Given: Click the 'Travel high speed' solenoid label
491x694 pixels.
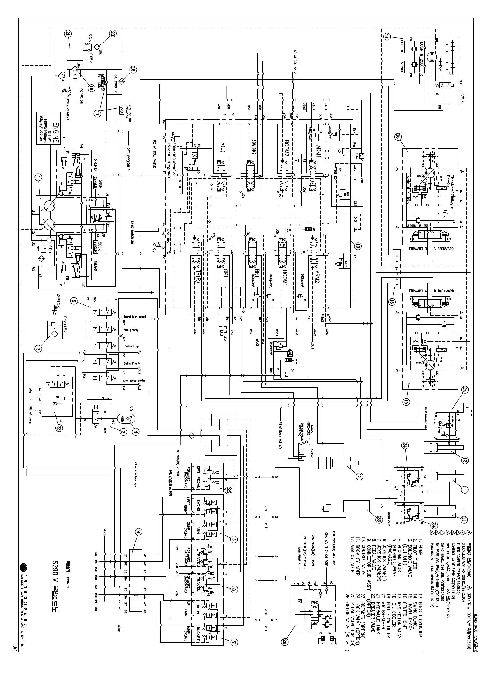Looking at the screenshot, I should pyautogui.click(x=134, y=317).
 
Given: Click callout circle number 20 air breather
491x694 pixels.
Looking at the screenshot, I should pyautogui.click(x=112, y=34).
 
